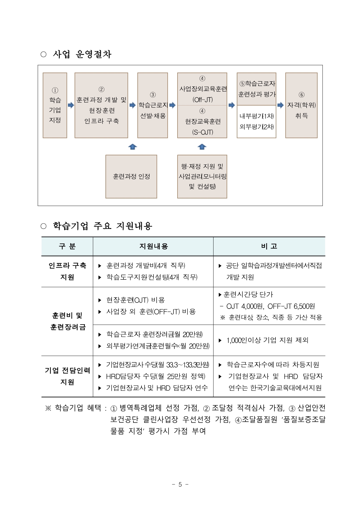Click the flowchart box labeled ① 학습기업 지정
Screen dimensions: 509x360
click(x=55, y=105)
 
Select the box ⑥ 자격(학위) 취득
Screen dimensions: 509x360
click(x=301, y=105)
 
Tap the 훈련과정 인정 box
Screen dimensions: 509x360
click(x=131, y=176)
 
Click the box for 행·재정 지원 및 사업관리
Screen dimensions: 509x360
click(x=202, y=176)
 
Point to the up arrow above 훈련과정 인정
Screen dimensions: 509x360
click(x=132, y=147)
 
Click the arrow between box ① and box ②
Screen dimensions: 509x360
click(x=71, y=105)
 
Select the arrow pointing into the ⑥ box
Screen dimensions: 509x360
click(x=280, y=105)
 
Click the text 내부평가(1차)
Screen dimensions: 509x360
click(x=257, y=116)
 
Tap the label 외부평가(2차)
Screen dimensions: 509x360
click(x=257, y=127)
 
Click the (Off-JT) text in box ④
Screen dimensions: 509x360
click(x=203, y=100)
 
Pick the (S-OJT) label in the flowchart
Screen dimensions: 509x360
click(x=203, y=132)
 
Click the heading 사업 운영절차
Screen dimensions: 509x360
click(x=82, y=54)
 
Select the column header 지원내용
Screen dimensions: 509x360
click(x=153, y=246)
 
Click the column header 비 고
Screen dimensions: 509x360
click(x=269, y=246)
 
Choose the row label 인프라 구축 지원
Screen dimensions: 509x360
click(x=67, y=271)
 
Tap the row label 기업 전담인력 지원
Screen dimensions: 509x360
click(x=67, y=376)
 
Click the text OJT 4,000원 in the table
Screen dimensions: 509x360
click(x=245, y=306)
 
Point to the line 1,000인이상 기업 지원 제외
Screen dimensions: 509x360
click(x=267, y=340)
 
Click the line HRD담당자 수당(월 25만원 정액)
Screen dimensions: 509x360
click(x=155, y=376)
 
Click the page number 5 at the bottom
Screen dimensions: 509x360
click(x=180, y=484)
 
